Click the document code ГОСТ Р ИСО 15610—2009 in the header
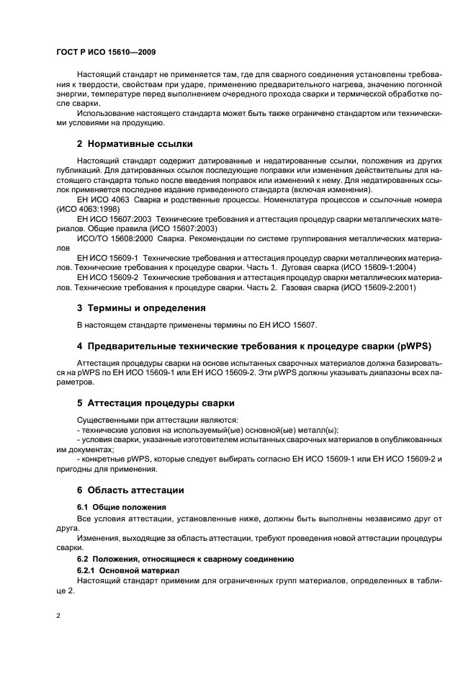[x=105, y=53]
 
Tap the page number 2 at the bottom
[x=58, y=617]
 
